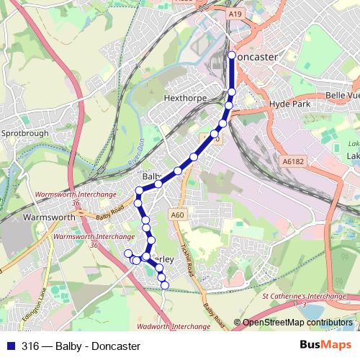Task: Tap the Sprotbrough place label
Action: [24, 133]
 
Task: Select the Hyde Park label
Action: [288, 104]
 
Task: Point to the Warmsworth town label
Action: [50, 216]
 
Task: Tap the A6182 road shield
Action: [294, 162]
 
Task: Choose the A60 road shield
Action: [179, 215]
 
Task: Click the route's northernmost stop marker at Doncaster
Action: [232, 55]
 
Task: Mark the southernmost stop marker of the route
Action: [165, 285]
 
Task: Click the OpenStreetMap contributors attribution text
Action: [297, 323]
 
